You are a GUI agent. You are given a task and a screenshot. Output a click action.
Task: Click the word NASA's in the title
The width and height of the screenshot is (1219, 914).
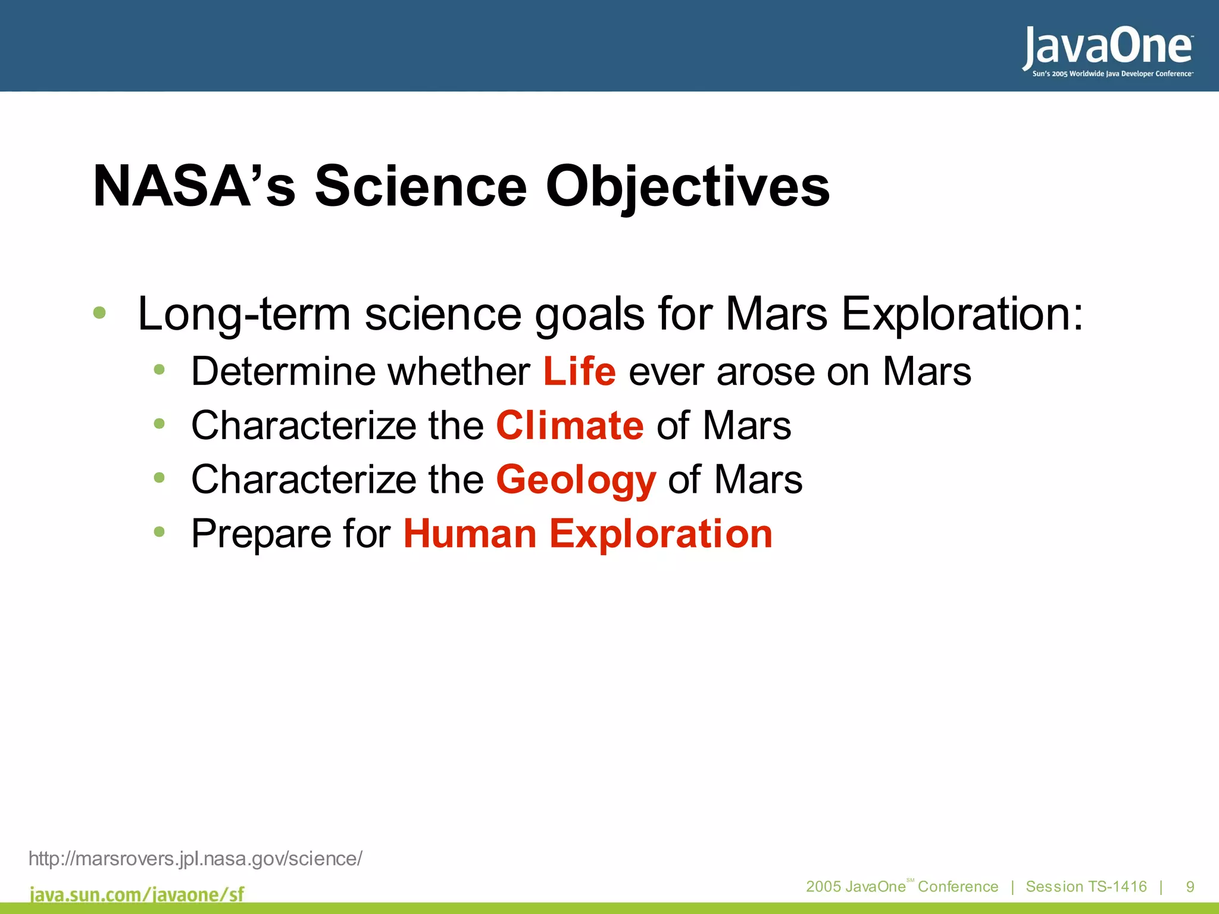(x=194, y=187)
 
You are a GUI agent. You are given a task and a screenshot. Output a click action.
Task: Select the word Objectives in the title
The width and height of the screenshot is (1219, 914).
(x=687, y=187)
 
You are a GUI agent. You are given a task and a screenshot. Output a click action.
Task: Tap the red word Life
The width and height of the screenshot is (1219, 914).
(x=579, y=372)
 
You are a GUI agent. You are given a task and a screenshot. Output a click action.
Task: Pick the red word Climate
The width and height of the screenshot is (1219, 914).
(x=570, y=426)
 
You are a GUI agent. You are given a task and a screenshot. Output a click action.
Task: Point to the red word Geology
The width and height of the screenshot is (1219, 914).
(x=576, y=480)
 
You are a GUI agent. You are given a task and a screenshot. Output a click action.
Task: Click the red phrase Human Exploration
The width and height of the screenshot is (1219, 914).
(x=588, y=534)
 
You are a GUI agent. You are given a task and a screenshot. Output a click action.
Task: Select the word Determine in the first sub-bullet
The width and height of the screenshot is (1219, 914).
(x=283, y=372)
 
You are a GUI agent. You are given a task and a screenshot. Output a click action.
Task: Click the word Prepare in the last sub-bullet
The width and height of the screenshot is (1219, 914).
(x=260, y=534)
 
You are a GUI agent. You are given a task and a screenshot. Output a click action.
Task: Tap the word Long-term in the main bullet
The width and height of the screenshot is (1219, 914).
(x=244, y=314)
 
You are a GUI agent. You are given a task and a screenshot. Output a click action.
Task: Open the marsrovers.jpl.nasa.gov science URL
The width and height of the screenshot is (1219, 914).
(x=195, y=859)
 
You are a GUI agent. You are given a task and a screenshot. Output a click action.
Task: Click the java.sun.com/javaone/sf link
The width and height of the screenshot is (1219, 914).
(x=137, y=894)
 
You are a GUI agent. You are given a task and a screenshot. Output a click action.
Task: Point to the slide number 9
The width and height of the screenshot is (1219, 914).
(x=1190, y=887)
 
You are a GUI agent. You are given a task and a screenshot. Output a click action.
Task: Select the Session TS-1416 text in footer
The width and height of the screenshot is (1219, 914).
(x=1086, y=887)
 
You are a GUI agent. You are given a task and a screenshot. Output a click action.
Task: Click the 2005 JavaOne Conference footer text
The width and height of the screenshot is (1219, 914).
(x=902, y=887)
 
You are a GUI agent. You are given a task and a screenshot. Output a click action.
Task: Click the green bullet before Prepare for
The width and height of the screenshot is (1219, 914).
(x=159, y=531)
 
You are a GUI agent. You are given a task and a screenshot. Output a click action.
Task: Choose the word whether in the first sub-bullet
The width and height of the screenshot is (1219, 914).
(x=459, y=372)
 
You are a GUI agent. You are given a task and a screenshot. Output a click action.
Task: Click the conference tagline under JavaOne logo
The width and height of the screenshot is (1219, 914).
(x=1112, y=74)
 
